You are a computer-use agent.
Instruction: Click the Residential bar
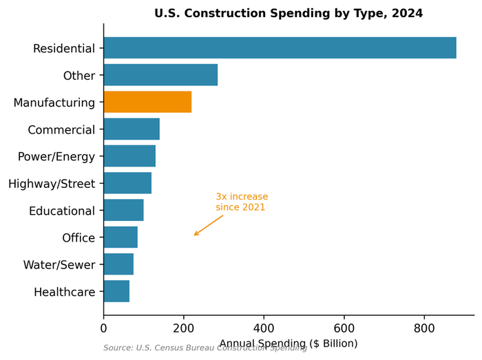(280, 48)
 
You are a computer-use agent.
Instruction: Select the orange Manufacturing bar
(147, 102)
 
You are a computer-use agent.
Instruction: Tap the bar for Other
(160, 75)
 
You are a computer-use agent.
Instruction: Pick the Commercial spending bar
(132, 129)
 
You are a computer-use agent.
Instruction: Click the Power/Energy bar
(129, 156)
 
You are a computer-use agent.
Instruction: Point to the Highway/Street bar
(127, 183)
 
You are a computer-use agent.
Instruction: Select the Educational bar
(123, 210)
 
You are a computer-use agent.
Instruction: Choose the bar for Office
(120, 237)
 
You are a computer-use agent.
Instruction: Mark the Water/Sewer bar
(118, 264)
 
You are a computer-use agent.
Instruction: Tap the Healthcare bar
(116, 291)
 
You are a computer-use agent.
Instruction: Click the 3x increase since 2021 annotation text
(242, 202)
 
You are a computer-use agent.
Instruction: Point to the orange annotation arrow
(209, 225)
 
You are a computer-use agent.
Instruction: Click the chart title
(289, 13)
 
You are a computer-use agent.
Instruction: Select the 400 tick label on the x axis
(264, 329)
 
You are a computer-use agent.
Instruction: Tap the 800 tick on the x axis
(424, 329)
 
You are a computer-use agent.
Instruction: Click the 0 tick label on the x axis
(104, 329)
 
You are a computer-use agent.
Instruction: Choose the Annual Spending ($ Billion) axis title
(289, 343)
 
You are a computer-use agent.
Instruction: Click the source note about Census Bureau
(205, 348)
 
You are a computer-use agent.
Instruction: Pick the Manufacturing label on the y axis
(54, 103)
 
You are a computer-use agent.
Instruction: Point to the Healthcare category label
(64, 292)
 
